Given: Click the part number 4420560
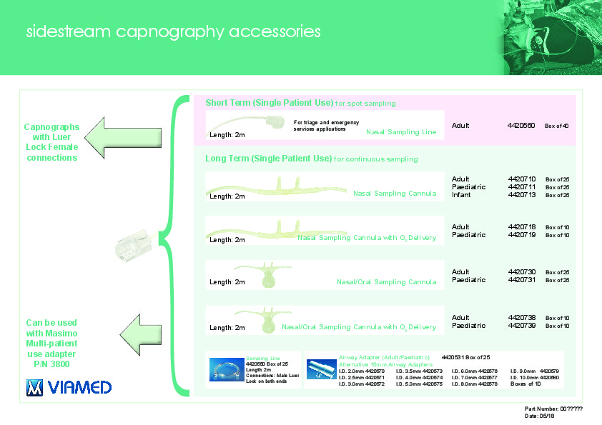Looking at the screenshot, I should (x=520, y=126).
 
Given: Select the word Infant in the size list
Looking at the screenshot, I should (x=460, y=194).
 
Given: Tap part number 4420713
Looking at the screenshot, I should (x=520, y=194).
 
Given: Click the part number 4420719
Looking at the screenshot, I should (x=520, y=235).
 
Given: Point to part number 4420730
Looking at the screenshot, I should (x=520, y=272).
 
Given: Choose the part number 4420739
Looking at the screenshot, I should (x=520, y=326).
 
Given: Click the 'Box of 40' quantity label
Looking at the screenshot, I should (x=557, y=126).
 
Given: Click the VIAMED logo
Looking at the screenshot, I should (x=69, y=387).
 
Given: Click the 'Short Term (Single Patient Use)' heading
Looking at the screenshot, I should (x=269, y=103).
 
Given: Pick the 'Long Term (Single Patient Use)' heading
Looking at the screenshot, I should (x=268, y=158).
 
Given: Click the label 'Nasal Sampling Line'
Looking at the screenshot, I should (x=400, y=132).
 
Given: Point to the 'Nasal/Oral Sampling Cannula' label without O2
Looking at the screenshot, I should (x=386, y=282).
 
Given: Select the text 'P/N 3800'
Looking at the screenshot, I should (x=51, y=364).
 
